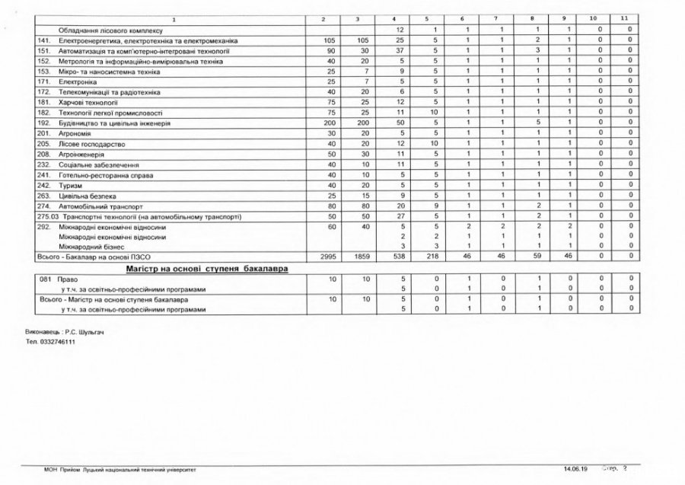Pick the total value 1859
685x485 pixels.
360,257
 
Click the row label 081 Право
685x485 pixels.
53,280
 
